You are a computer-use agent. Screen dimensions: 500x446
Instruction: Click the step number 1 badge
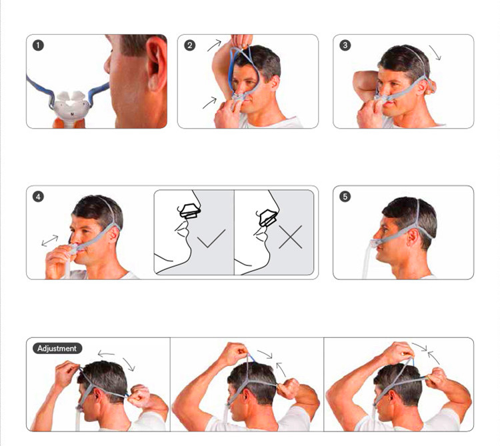pos(38,45)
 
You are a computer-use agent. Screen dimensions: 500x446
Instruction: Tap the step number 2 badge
pos(190,45)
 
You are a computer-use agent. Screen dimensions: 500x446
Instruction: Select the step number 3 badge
pos(345,45)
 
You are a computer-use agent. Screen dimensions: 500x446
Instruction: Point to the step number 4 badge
pos(38,197)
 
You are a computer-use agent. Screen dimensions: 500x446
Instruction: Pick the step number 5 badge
pos(345,197)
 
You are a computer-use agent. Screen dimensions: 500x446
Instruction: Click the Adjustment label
pos(57,349)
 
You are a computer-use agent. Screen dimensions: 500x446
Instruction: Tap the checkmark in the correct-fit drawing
pos(211,238)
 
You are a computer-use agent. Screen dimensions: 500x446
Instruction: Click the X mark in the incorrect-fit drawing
pos(290,237)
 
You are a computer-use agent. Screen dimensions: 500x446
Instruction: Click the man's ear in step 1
pos(156,64)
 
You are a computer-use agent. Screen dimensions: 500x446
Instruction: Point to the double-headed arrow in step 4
pos(50,241)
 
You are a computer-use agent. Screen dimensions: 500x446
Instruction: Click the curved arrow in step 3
pos(435,53)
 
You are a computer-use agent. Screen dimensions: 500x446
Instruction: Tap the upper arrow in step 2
pos(214,45)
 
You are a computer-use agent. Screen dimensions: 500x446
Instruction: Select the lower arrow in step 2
pos(209,103)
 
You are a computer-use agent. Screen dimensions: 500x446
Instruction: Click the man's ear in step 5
pos(413,237)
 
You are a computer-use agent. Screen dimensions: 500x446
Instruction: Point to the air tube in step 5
pos(368,259)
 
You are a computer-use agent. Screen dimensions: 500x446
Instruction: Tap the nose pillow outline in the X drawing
pos(268,218)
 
